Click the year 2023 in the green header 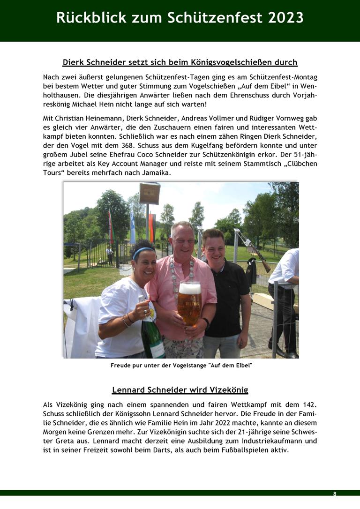285,17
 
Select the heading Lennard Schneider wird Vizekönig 180,390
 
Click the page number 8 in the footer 335,494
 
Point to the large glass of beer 189,302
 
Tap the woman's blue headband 143,252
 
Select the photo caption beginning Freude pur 181,365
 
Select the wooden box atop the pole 149,194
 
